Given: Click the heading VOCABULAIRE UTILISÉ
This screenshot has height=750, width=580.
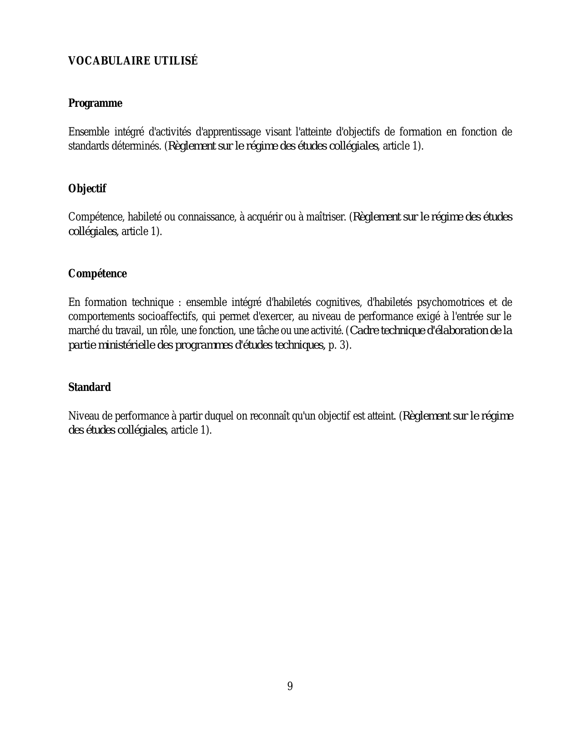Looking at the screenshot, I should pos(133,61).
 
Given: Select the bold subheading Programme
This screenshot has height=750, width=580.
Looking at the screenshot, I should pos(95,104).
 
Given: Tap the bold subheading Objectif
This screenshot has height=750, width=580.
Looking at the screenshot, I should pos(87,189).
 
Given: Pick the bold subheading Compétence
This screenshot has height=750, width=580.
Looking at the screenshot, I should pos(97,274).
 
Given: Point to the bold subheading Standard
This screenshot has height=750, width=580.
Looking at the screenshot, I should pos(89,387).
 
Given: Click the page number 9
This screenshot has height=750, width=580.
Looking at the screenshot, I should pos(290,686).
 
